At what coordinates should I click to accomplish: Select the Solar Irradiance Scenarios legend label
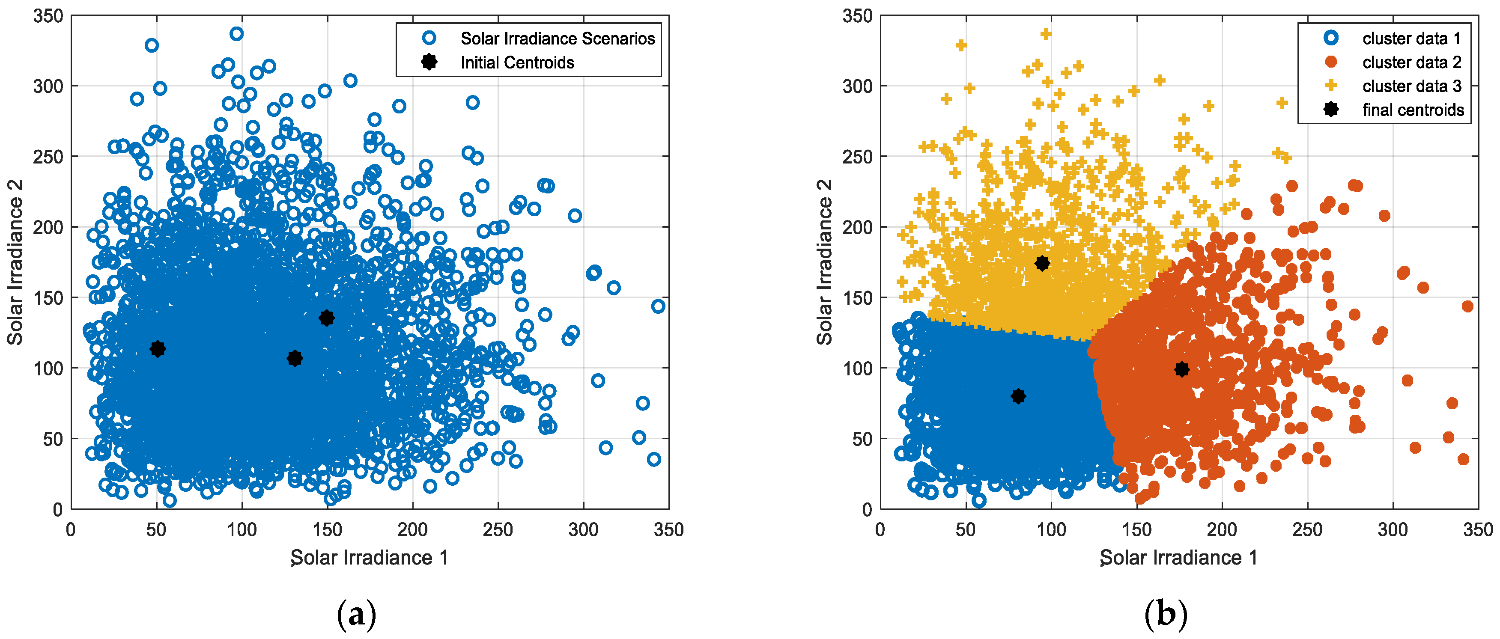click(557, 39)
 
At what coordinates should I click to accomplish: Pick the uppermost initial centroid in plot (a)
click(327, 317)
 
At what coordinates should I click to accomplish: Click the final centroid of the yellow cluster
click(1042, 263)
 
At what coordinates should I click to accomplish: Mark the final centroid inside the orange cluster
click(1181, 369)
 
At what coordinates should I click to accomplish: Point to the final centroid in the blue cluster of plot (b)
click(1018, 396)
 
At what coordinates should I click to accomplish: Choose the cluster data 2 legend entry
click(1411, 62)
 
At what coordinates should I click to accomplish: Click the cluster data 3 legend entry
click(1411, 86)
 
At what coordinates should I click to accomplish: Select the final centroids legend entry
click(1413, 110)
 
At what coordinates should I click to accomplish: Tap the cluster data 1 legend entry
click(1411, 39)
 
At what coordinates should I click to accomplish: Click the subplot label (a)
click(356, 615)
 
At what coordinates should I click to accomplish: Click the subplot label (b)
click(1165, 615)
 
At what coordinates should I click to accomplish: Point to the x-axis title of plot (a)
click(369, 558)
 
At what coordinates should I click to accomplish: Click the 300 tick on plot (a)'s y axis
click(48, 86)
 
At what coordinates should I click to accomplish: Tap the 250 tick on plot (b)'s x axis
click(1307, 529)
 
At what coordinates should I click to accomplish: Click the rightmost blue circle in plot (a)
click(658, 306)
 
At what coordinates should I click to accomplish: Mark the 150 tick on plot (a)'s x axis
click(327, 529)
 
